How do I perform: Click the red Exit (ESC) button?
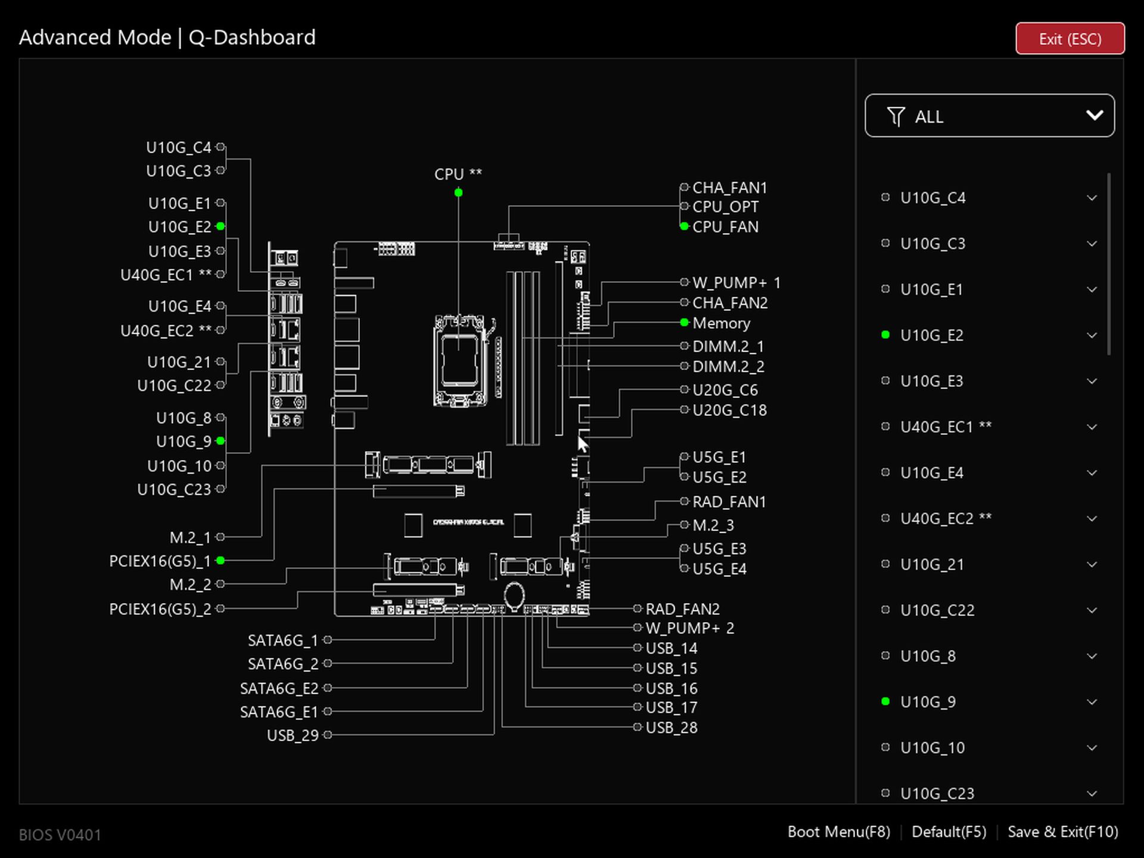point(1070,39)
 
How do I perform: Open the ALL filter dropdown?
point(989,116)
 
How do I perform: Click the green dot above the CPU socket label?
point(458,192)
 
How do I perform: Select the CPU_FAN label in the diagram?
point(725,227)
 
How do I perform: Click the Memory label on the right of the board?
point(721,323)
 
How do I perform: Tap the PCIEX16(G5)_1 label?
point(160,561)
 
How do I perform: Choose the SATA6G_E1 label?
point(279,712)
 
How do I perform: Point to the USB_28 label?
point(672,728)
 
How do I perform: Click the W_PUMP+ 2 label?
point(689,628)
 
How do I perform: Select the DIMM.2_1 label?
point(728,346)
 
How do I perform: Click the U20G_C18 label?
point(729,410)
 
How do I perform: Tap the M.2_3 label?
point(713,526)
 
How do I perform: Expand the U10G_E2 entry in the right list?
point(1092,335)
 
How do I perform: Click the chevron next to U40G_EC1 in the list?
point(1092,427)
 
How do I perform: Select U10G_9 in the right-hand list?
point(928,702)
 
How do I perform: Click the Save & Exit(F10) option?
point(1062,832)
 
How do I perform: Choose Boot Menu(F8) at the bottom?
point(838,832)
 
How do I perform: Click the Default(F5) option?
point(949,832)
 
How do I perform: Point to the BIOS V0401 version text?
point(60,835)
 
